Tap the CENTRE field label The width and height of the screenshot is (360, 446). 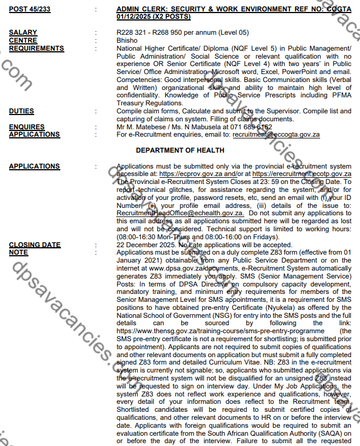point(23,41)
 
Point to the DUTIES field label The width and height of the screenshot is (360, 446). point(21,111)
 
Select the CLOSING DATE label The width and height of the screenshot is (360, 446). point(35,245)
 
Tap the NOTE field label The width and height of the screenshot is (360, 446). point(18,252)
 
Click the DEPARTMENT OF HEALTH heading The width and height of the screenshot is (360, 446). point(180,150)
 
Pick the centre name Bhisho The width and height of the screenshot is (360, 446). point(126,41)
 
